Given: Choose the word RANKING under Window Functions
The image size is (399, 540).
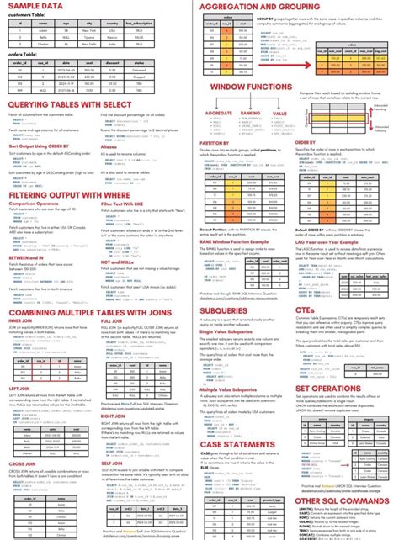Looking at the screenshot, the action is tap(251, 112).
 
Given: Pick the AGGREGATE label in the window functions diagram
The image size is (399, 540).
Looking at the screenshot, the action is tap(219, 112).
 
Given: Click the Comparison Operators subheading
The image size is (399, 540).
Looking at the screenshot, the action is tap(36, 203).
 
